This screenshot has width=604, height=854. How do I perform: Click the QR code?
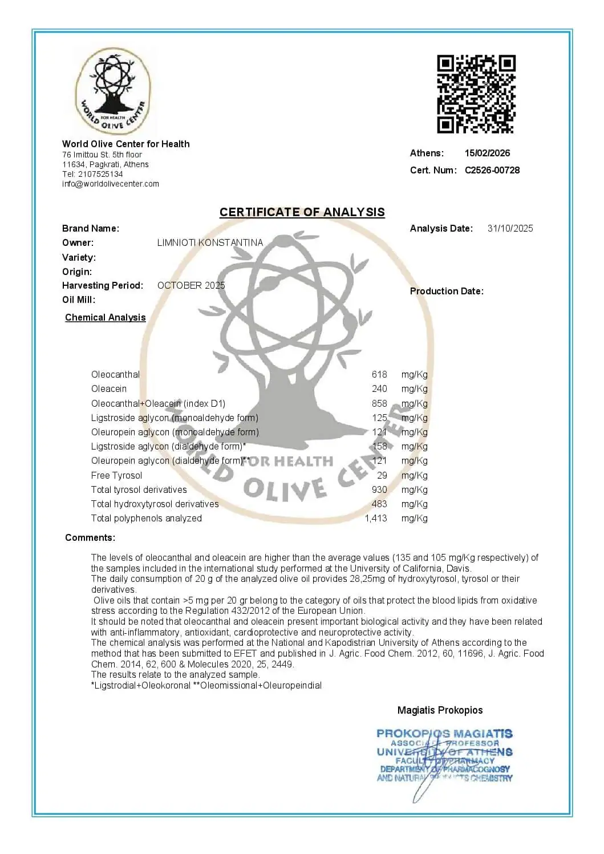[x=476, y=94]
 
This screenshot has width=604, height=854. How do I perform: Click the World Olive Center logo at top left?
[x=113, y=92]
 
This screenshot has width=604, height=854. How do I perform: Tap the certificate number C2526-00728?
[x=492, y=170]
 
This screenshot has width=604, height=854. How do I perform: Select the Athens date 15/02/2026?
[x=487, y=153]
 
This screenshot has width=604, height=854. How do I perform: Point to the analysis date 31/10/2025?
[x=510, y=228]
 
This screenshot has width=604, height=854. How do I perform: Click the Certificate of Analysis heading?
[x=302, y=212]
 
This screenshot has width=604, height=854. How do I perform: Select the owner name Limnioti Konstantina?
[x=210, y=242]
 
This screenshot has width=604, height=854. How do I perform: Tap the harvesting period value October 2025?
[x=191, y=285]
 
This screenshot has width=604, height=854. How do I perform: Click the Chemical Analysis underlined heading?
[x=106, y=318]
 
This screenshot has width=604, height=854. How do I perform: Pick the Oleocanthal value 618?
[x=379, y=375]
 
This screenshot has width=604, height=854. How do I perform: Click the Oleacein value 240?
[x=379, y=389]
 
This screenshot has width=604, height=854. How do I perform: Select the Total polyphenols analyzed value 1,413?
[x=376, y=519]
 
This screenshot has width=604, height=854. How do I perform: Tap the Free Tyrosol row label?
[x=116, y=476]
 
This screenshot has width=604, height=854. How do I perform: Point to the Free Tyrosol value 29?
[x=382, y=476]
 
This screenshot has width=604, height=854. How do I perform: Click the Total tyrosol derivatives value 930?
[x=379, y=490]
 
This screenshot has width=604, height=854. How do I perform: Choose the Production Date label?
[x=447, y=292]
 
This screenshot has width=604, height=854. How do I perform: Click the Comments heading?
[x=90, y=538]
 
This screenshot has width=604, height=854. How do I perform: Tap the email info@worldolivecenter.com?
[x=111, y=184]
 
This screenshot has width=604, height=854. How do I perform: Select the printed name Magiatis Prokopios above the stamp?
[x=440, y=710]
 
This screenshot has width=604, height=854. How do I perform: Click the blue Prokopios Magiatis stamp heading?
[x=444, y=734]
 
